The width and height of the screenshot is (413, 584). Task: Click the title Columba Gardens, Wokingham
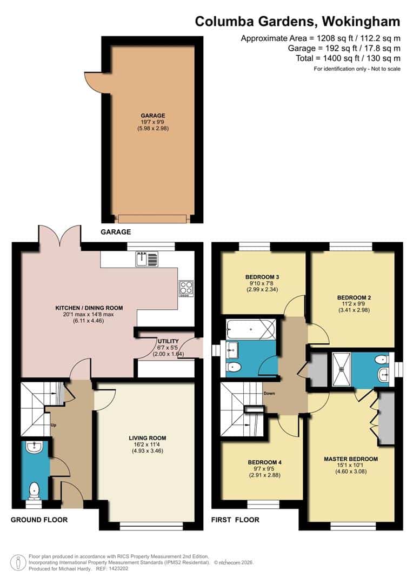(297, 22)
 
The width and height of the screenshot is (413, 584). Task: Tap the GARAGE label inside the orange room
(153, 115)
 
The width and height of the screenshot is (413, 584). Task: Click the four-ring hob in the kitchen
(185, 288)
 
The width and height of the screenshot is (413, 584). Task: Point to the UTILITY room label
(164, 341)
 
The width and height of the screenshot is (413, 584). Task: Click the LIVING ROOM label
(147, 438)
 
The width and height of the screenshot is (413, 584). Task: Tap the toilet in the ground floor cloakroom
(35, 489)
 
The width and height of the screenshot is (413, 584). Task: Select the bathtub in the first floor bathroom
(251, 329)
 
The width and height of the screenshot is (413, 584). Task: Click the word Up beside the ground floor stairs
(54, 425)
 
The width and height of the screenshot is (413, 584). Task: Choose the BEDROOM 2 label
(354, 297)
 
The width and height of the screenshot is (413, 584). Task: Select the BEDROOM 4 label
(265, 462)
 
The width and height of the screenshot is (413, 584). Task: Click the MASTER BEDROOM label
(351, 459)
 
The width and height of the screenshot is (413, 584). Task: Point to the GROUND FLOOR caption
(39, 520)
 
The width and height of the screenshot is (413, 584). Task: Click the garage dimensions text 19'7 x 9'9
(153, 122)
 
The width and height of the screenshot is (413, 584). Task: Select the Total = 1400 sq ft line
(348, 58)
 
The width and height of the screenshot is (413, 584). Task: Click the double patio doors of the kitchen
(59, 238)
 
